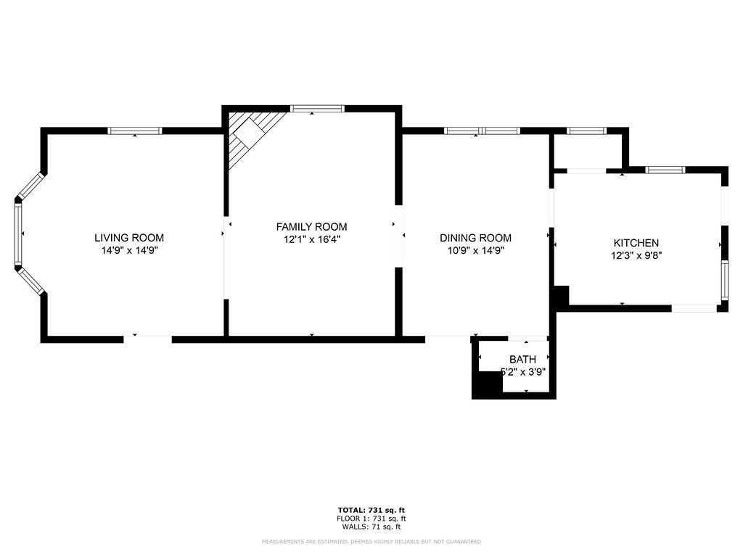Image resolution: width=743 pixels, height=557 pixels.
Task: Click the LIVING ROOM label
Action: click(x=129, y=238)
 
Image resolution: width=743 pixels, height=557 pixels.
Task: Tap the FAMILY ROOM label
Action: click(x=311, y=226)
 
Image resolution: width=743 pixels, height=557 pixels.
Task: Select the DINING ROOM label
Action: click(x=475, y=238)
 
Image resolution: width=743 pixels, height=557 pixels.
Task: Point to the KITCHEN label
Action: click(x=636, y=243)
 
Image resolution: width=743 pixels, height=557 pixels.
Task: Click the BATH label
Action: click(x=522, y=359)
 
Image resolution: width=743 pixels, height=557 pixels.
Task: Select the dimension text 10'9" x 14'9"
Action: click(x=475, y=250)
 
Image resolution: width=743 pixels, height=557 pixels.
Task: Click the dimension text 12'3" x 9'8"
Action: click(x=636, y=255)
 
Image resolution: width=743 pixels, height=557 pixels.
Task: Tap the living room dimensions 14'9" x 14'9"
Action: click(x=129, y=250)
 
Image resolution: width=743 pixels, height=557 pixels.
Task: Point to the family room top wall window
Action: click(x=317, y=109)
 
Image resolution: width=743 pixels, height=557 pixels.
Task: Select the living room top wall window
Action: click(x=135, y=131)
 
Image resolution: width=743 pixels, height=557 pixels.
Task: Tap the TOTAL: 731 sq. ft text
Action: click(x=371, y=510)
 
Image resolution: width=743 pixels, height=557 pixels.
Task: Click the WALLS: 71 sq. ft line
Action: click(x=371, y=527)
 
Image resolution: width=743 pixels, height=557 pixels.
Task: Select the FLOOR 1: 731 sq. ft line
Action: click(x=371, y=519)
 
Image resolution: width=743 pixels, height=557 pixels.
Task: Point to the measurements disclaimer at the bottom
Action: click(x=371, y=542)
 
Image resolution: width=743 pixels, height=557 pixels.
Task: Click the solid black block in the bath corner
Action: click(x=486, y=384)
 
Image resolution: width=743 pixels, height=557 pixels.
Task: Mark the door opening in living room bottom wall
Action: click(x=147, y=338)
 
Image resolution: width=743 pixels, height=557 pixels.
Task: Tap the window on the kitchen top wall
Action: click(x=665, y=170)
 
